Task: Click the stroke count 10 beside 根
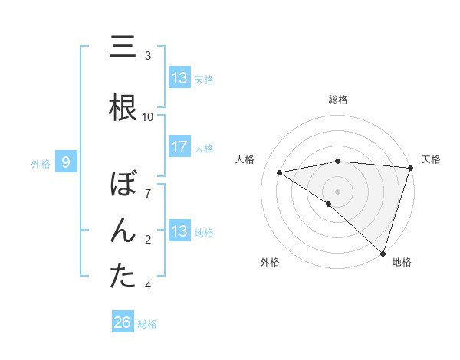[x=148, y=117]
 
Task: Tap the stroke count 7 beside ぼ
[x=148, y=194]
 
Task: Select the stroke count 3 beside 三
[x=148, y=56]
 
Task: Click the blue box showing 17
[x=179, y=147]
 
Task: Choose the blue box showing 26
[x=123, y=323]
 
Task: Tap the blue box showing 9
[x=66, y=162]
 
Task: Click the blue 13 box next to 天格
[x=179, y=78]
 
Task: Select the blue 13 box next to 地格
[x=179, y=231]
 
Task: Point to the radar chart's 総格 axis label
[x=337, y=100]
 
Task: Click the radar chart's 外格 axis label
[x=270, y=263]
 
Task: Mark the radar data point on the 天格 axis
[x=410, y=168]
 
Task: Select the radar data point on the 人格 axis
[x=279, y=172]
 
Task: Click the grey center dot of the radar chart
[x=337, y=191]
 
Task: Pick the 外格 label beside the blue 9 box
[x=41, y=163]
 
